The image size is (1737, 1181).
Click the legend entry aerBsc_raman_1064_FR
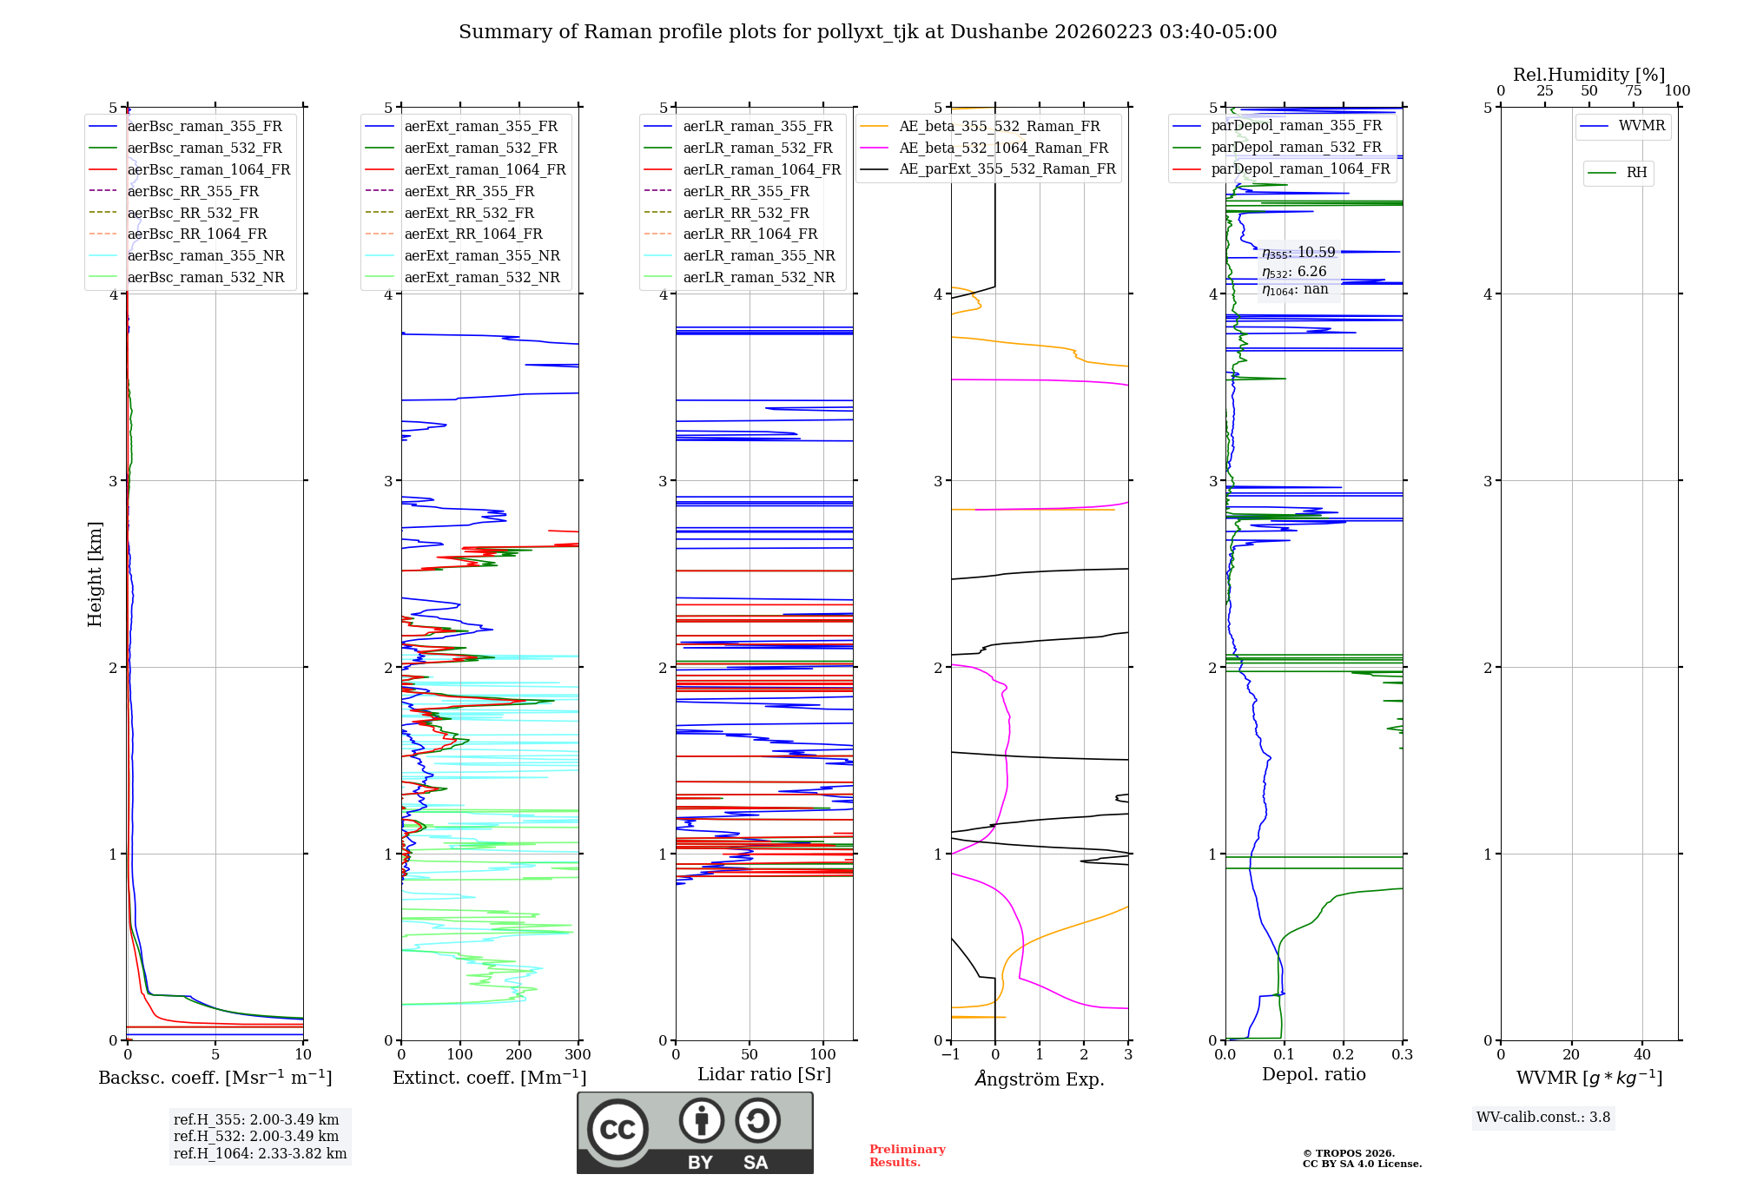click(x=208, y=169)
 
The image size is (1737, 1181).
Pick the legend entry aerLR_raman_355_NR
click(x=758, y=255)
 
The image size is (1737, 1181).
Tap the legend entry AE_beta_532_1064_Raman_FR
click(x=1003, y=148)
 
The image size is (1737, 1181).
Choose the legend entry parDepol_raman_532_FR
click(x=1296, y=147)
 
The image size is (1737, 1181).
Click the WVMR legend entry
click(x=1641, y=126)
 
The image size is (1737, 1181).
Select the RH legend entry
click(x=1636, y=173)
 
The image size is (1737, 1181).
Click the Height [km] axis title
click(x=95, y=574)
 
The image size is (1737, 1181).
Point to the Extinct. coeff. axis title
click(x=489, y=1078)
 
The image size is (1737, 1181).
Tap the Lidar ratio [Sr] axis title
click(x=763, y=1074)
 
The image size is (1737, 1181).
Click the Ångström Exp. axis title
click(x=1039, y=1079)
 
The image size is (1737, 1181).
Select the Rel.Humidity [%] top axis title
click(x=1588, y=75)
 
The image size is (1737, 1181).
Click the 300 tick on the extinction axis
click(x=578, y=1055)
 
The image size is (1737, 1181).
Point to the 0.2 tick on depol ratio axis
click(x=1344, y=1055)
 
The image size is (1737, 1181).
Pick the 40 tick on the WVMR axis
click(x=1641, y=1055)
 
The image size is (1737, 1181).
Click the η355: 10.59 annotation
click(x=1298, y=253)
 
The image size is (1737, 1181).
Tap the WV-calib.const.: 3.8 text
click(x=1543, y=1118)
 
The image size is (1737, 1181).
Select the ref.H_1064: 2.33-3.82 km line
click(x=260, y=1154)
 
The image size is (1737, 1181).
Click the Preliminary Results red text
click(x=907, y=1156)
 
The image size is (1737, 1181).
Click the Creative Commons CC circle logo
click(x=618, y=1130)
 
